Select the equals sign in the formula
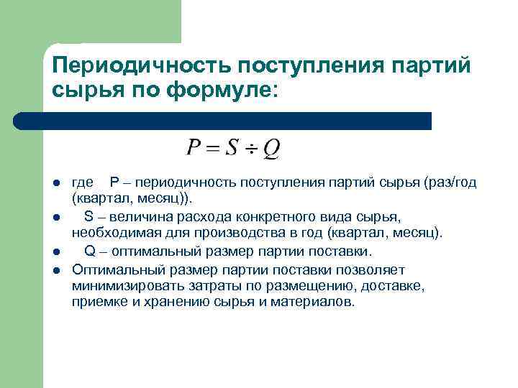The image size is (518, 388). tap(212, 149)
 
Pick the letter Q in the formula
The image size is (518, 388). tap(271, 149)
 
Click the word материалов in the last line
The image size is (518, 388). tap(317, 302)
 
